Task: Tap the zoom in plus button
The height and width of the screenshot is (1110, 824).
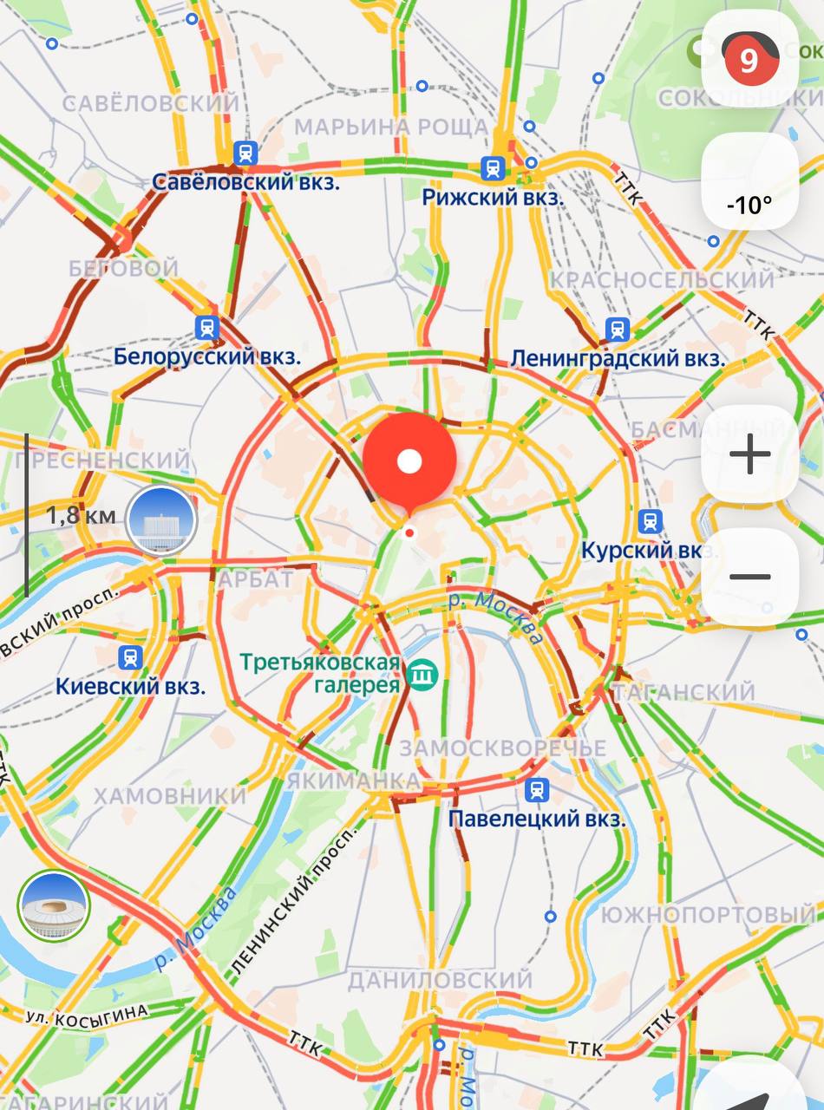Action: tap(750, 454)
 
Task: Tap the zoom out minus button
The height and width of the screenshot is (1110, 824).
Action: tap(750, 577)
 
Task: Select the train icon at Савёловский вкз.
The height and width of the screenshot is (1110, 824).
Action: tap(246, 153)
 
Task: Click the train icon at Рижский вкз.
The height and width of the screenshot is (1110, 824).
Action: tap(494, 167)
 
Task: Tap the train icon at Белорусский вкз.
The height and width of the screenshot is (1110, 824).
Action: tap(207, 327)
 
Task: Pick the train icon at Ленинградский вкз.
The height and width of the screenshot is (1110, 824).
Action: tap(617, 329)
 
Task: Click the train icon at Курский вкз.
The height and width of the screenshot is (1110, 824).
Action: tap(650, 521)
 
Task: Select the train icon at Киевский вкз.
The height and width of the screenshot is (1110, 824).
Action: tap(131, 657)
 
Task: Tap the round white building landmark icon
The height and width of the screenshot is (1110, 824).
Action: tap(161, 521)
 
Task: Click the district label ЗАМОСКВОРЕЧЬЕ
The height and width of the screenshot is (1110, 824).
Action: tap(502, 748)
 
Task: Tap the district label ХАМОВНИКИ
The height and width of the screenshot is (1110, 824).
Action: tap(170, 796)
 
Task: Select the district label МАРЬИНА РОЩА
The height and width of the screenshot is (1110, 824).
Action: tap(391, 127)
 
